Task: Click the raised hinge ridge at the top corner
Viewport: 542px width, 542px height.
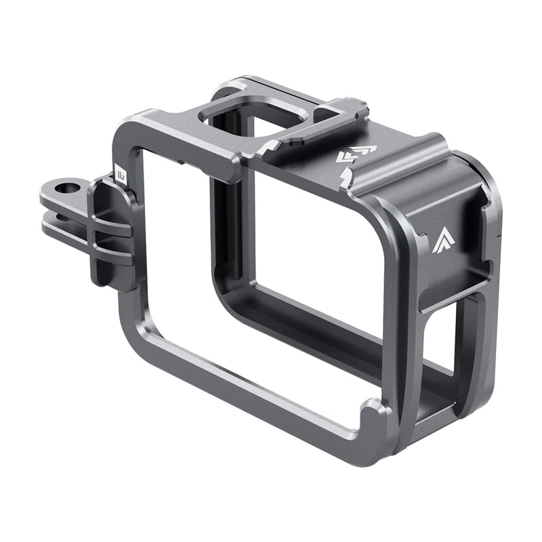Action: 406,163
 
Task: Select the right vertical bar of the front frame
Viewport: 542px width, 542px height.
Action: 396,305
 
